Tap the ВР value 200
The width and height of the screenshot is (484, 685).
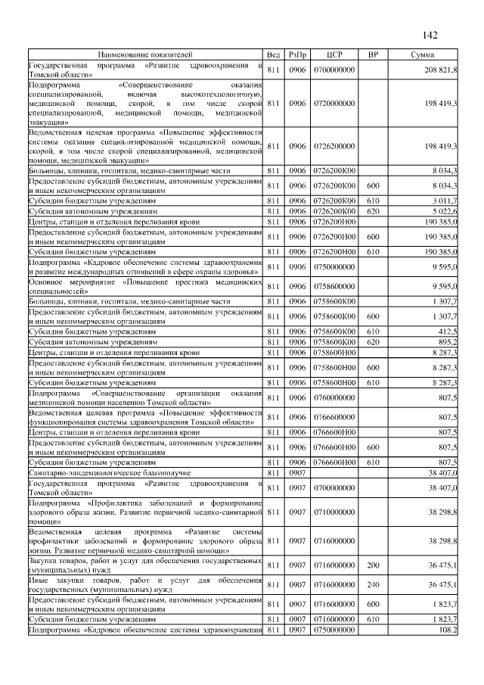click(x=372, y=565)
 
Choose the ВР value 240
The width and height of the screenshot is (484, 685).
click(x=372, y=584)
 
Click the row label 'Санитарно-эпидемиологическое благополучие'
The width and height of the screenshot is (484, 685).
click(x=99, y=472)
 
